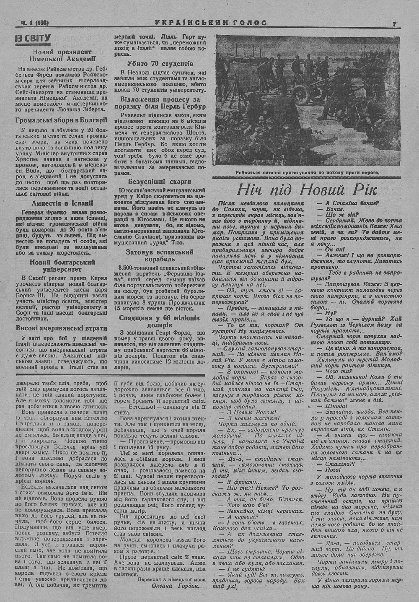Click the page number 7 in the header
click(x=394, y=24)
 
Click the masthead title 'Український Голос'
click(x=209, y=23)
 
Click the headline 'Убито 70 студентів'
click(x=160, y=64)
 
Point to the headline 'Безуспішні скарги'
click(x=160, y=182)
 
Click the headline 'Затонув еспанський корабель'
click(x=160, y=255)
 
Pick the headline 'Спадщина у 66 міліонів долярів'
click(x=160, y=321)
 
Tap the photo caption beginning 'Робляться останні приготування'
click(x=306, y=172)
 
